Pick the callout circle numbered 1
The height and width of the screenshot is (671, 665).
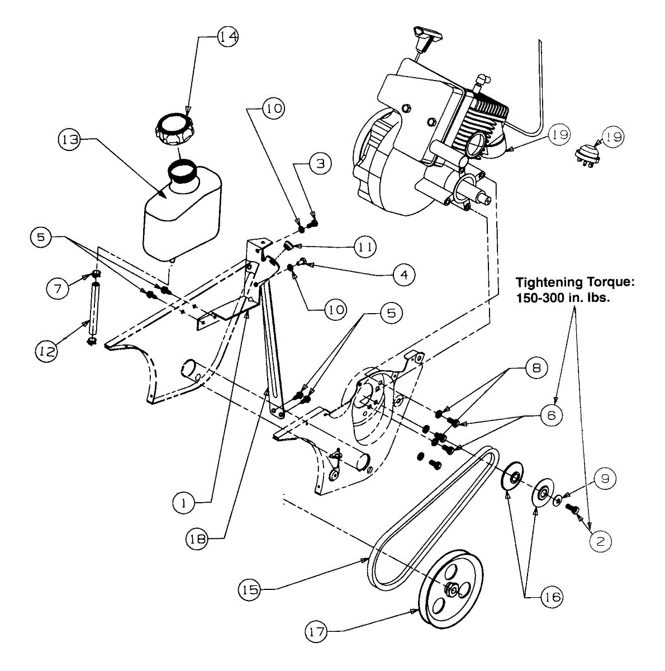pyautogui.click(x=183, y=503)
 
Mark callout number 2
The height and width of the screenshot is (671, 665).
pyautogui.click(x=600, y=540)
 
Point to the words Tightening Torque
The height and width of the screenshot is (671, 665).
pyautogui.click(x=575, y=282)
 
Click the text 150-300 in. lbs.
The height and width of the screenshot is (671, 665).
pyautogui.click(x=563, y=297)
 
